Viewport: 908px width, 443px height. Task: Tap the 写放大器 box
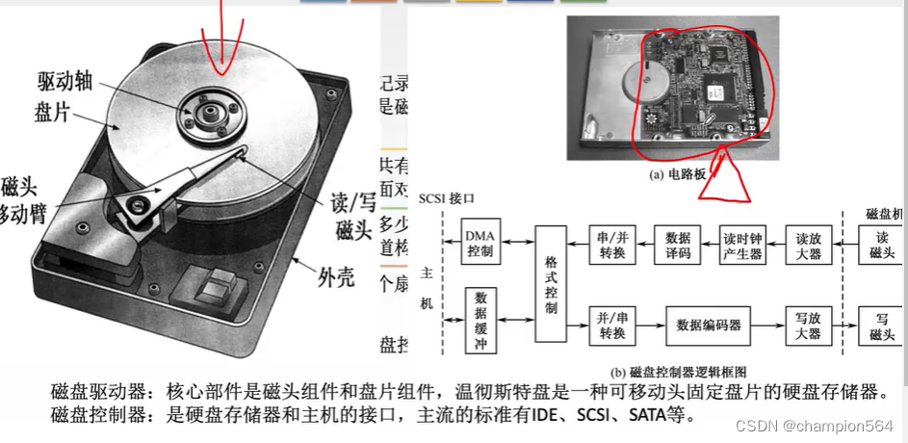[x=810, y=325]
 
